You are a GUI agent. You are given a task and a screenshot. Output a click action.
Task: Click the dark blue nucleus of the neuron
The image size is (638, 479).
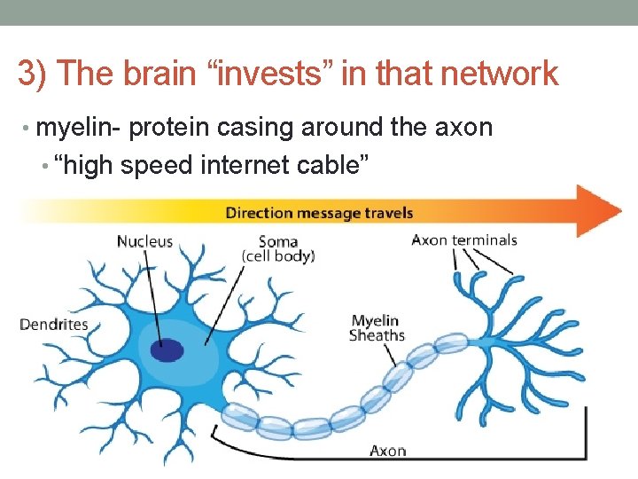(x=167, y=350)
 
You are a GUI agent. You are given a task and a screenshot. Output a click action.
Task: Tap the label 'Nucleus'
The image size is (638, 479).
(x=144, y=241)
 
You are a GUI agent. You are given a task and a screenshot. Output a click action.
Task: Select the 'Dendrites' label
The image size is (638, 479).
(x=54, y=324)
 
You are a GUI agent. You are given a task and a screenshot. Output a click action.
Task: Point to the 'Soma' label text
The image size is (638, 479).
(x=277, y=241)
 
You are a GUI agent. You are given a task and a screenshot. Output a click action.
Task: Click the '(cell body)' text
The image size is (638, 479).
(x=277, y=256)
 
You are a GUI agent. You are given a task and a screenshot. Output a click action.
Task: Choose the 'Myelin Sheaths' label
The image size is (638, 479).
(x=376, y=328)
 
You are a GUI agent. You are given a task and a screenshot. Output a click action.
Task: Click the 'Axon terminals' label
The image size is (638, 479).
(x=464, y=239)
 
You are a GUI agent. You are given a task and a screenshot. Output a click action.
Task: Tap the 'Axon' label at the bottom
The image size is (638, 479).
(x=387, y=451)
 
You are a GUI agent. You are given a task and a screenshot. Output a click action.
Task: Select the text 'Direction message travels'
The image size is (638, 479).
(x=319, y=213)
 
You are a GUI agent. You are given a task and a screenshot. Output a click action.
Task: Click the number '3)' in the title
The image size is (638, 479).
(x=34, y=74)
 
